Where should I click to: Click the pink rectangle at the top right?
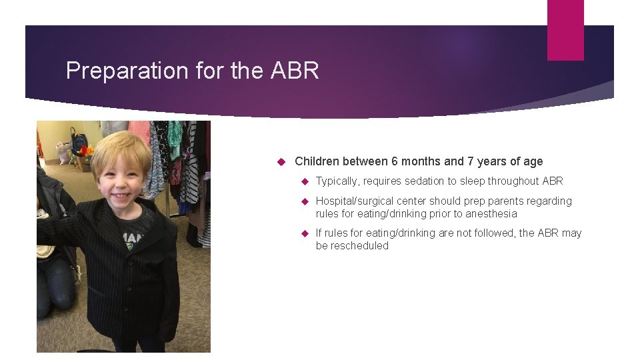click(x=565, y=29)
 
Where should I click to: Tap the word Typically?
click(x=337, y=181)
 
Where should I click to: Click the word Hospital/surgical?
click(x=358, y=201)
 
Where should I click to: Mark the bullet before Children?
click(x=281, y=161)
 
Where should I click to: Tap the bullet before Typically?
click(x=304, y=181)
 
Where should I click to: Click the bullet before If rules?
click(x=304, y=233)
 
